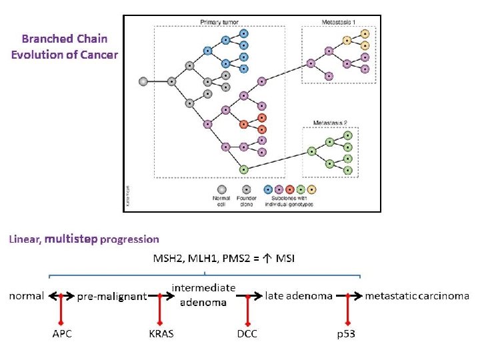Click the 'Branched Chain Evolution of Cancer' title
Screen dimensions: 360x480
(64, 46)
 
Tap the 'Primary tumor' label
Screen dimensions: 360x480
(219, 22)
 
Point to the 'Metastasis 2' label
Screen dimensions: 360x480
(331, 123)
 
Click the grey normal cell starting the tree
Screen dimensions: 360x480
(143, 81)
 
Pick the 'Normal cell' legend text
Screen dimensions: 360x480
(221, 201)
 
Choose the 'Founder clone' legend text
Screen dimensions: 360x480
(247, 201)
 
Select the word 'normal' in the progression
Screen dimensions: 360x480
(27, 295)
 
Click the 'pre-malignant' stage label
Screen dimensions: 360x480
(112, 297)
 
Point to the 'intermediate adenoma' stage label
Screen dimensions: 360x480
(203, 294)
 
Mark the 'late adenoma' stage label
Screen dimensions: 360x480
(299, 295)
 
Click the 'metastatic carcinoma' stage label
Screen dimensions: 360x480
(417, 295)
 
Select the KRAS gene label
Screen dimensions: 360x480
(161, 333)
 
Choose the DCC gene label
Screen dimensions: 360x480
(247, 333)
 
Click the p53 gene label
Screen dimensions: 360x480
(346, 333)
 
